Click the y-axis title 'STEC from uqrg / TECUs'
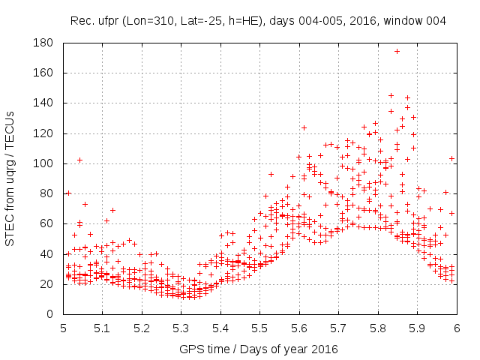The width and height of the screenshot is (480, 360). pos(10,178)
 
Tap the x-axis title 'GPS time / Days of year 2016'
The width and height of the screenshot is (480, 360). pos(259,349)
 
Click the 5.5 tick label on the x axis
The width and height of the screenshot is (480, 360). pos(259,328)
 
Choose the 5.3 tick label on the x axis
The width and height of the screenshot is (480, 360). pos(181,328)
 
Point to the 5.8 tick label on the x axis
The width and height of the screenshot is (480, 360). pos(377,328)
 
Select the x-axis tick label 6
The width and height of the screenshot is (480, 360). pos(456,328)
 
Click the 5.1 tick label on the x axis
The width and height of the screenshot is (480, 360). pos(102,328)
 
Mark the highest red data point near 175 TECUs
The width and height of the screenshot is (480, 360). pos(397,52)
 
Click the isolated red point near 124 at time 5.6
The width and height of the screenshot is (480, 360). pos(304,127)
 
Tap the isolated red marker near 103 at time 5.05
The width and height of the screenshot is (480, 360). pos(79,160)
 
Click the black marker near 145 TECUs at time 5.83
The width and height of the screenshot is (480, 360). pos(391,95)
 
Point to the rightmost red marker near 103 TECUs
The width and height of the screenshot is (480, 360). pos(452,158)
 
